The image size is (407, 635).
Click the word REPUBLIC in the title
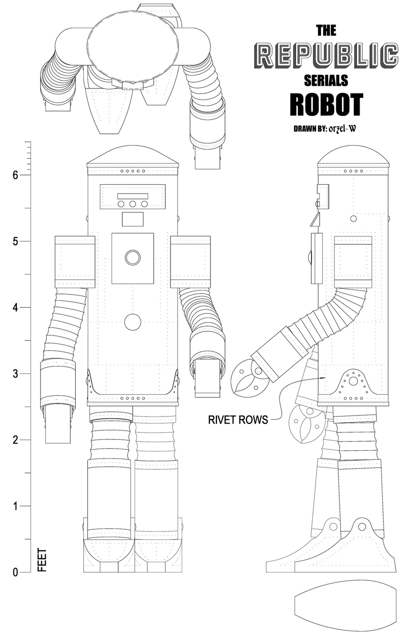pos(326,56)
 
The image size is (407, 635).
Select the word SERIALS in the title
pos(326,80)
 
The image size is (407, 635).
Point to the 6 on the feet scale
pos(16,175)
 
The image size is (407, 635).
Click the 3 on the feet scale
pos(16,374)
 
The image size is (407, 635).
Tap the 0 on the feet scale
pos(16,572)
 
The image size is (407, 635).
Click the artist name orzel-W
pos(342,129)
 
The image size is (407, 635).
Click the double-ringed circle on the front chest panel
pos(132,257)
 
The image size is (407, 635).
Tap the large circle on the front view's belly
pos(132,322)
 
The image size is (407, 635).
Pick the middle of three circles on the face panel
pos(132,204)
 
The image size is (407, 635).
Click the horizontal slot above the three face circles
pos(133,196)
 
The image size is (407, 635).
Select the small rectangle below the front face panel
pos(132,219)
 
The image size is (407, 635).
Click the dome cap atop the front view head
pos(133,155)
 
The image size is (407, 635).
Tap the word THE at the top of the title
pos(326,30)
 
